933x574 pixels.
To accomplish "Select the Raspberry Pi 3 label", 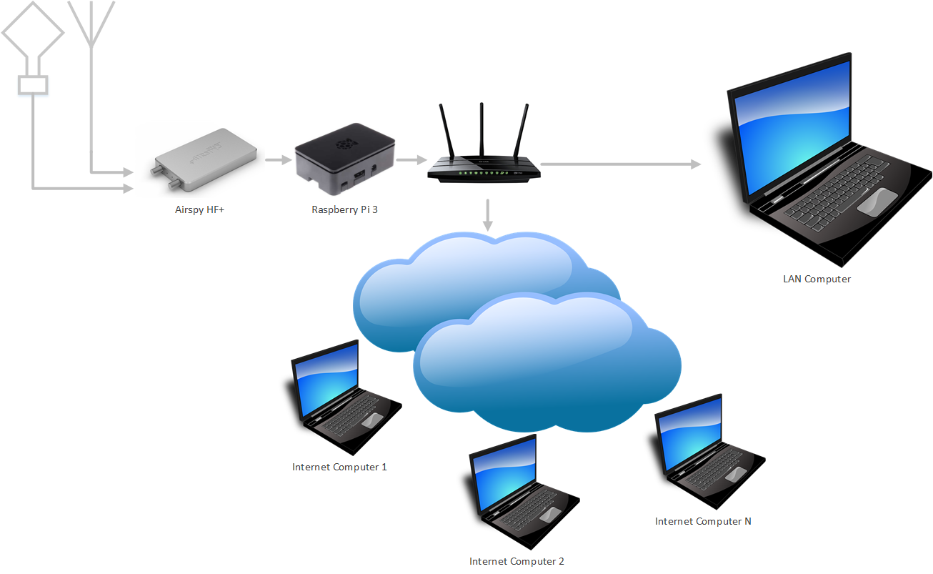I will pyautogui.click(x=344, y=209).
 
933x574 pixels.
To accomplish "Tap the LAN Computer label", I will pyautogui.click(x=817, y=279).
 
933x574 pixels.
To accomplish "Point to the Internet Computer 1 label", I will pyautogui.click(x=339, y=467).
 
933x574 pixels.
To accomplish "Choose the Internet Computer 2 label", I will pyautogui.click(x=517, y=561).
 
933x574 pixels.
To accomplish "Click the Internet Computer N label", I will pyautogui.click(x=703, y=521).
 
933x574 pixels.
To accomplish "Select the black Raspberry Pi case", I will pyautogui.click(x=344, y=163).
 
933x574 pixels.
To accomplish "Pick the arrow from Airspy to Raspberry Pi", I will pyautogui.click(x=274, y=160).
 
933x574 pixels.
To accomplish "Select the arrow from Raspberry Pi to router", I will pyautogui.click(x=407, y=160).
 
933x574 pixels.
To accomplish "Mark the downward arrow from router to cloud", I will pyautogui.click(x=488, y=214).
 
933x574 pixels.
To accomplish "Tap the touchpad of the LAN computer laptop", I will pyautogui.click(x=877, y=202).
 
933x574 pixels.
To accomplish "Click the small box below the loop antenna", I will pyautogui.click(x=33, y=85).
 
